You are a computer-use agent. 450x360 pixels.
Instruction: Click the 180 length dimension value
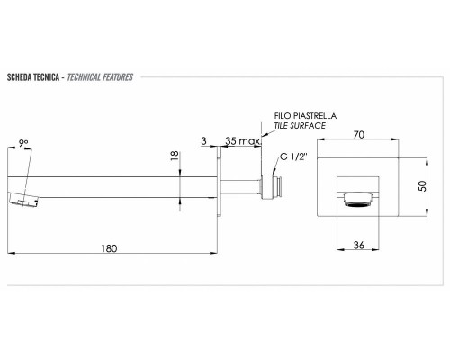[109, 248]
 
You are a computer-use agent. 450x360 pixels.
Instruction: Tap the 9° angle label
[23, 143]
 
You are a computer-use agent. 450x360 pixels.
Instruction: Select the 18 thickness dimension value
[175, 156]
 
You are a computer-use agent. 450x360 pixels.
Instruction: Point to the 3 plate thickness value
[204, 140]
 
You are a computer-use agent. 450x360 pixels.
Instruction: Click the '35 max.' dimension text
[243, 141]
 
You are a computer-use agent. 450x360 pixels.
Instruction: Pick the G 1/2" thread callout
[294, 157]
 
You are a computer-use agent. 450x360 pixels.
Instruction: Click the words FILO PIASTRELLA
[305, 116]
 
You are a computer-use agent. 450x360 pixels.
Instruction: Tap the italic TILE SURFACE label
[300, 125]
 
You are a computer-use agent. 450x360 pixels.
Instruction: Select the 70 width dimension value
[359, 135]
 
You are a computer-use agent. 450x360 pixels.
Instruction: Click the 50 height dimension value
[422, 186]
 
